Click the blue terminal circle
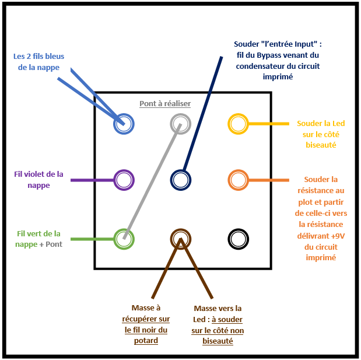(x=124, y=124)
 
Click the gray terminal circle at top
(x=181, y=124)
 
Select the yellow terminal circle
(x=238, y=124)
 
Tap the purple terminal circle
(x=124, y=180)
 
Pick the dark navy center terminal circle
(x=181, y=180)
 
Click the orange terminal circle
(x=238, y=180)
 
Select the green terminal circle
(x=124, y=238)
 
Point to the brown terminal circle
(x=181, y=238)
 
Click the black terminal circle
(x=238, y=238)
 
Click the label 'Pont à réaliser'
(x=165, y=103)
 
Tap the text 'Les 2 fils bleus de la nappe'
(x=39, y=61)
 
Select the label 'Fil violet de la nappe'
(x=38, y=179)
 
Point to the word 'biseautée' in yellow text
(x=321, y=145)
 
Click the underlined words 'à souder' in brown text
(x=227, y=320)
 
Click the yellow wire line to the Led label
(x=268, y=124)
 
